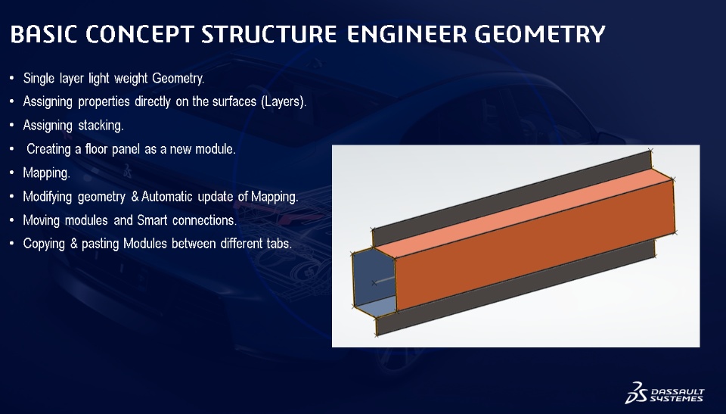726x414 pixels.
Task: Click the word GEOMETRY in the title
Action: [x=540, y=34]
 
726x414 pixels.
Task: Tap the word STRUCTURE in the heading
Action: [x=269, y=34]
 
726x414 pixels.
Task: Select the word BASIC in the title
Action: [x=43, y=34]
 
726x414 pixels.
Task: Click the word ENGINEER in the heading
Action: [x=407, y=34]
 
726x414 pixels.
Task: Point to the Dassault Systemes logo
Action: [x=665, y=393]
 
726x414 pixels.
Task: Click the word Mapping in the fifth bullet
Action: [x=46, y=173]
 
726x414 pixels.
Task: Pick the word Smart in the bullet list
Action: [x=152, y=220]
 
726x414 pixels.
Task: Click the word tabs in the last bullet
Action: [x=279, y=244]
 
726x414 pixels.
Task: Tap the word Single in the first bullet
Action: [x=39, y=79]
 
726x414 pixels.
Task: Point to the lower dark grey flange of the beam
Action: [x=515, y=288]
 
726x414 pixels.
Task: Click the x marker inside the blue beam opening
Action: [x=374, y=283]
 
